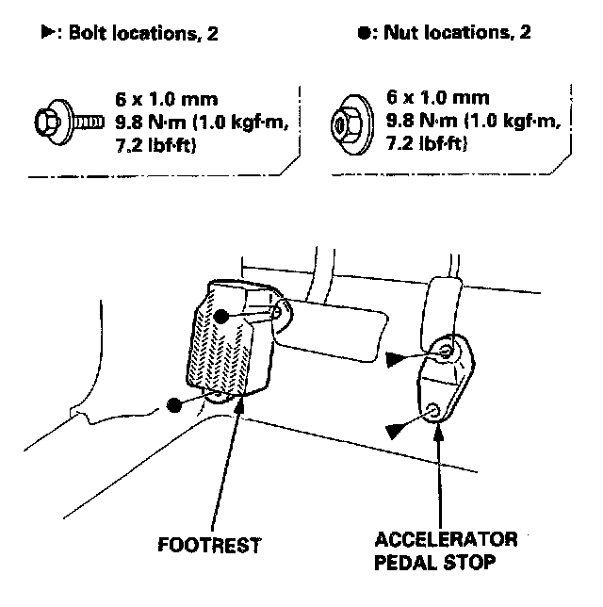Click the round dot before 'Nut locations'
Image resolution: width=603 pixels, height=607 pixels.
click(x=364, y=32)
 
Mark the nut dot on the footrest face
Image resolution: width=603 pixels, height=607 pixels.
click(x=219, y=318)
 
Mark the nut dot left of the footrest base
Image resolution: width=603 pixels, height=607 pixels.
click(x=173, y=405)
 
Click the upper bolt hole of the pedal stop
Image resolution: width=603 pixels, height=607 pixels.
click(x=447, y=351)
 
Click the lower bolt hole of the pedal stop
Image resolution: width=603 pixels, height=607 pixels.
click(x=432, y=410)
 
